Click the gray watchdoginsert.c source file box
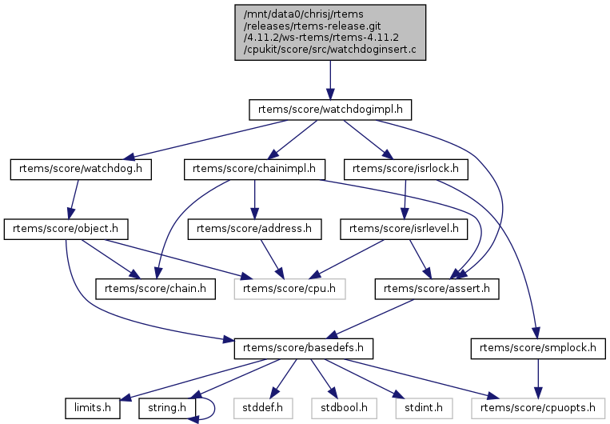pyautogui.click(x=329, y=32)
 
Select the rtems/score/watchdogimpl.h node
pyautogui.click(x=329, y=108)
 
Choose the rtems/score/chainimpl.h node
pyautogui.click(x=253, y=169)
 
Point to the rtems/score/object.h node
pyautogui.click(x=66, y=230)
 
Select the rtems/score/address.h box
pyautogui.click(x=253, y=230)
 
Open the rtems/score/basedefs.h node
pyautogui.click(x=293, y=350)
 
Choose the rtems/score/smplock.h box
pyautogui.click(x=536, y=350)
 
